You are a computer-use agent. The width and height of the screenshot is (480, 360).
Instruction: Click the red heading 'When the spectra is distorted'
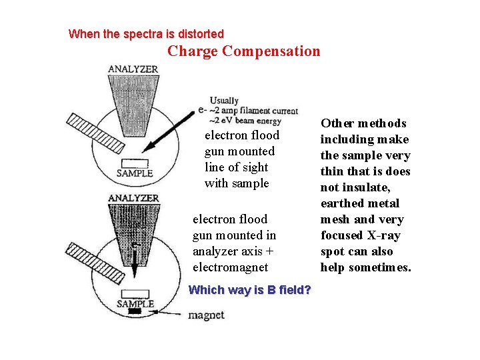[146, 33]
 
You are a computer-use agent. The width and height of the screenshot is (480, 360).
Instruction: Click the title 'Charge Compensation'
[243, 51]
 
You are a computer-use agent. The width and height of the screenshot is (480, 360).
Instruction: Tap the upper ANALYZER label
[133, 69]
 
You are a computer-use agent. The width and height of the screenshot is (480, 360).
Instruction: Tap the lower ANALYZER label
[133, 198]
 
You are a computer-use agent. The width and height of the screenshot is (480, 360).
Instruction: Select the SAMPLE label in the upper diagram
[135, 173]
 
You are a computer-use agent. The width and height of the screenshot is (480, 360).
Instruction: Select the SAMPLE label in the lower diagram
[135, 303]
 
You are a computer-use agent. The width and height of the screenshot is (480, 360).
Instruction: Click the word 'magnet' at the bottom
[206, 315]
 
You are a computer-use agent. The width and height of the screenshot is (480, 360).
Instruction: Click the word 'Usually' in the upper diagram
[224, 101]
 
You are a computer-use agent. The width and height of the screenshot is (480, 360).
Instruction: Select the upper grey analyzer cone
[133, 100]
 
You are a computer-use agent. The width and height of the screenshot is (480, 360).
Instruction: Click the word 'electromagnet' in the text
[230, 267]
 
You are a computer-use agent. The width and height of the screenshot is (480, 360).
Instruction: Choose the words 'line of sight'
[236, 167]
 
